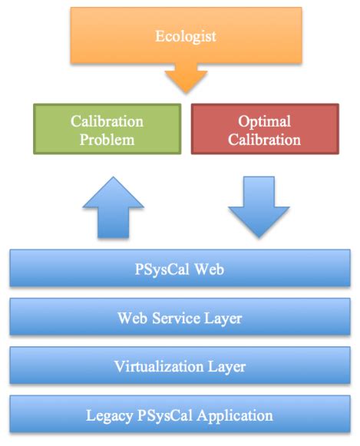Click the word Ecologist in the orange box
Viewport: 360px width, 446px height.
pyautogui.click(x=185, y=35)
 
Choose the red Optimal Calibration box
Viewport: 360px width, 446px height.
pyautogui.click(x=264, y=130)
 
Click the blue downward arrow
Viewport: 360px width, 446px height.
pyautogui.click(x=258, y=204)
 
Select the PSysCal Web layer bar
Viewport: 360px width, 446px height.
pyautogui.click(x=180, y=269)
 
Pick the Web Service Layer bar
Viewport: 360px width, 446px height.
pyautogui.click(x=180, y=317)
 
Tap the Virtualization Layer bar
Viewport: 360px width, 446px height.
pyautogui.click(x=180, y=366)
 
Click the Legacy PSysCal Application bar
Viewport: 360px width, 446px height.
pyautogui.click(x=180, y=415)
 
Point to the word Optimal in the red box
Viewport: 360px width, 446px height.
pyautogui.click(x=264, y=121)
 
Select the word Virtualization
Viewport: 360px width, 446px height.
pyautogui.click(x=163, y=366)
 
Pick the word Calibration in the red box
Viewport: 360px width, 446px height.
pyautogui.click(x=264, y=140)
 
